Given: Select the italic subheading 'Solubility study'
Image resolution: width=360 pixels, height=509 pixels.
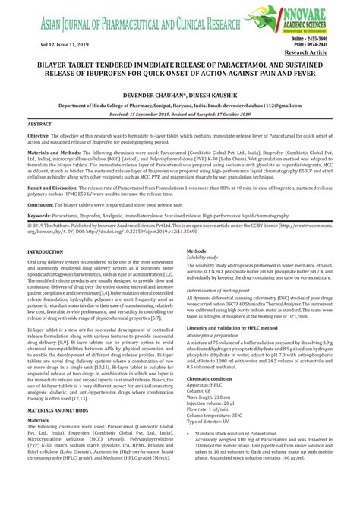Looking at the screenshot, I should pos(207,258).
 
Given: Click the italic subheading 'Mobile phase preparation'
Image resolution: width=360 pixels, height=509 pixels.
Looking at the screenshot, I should pos(217,334).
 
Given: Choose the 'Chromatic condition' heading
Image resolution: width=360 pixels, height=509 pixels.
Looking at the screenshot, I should pos(212,378).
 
